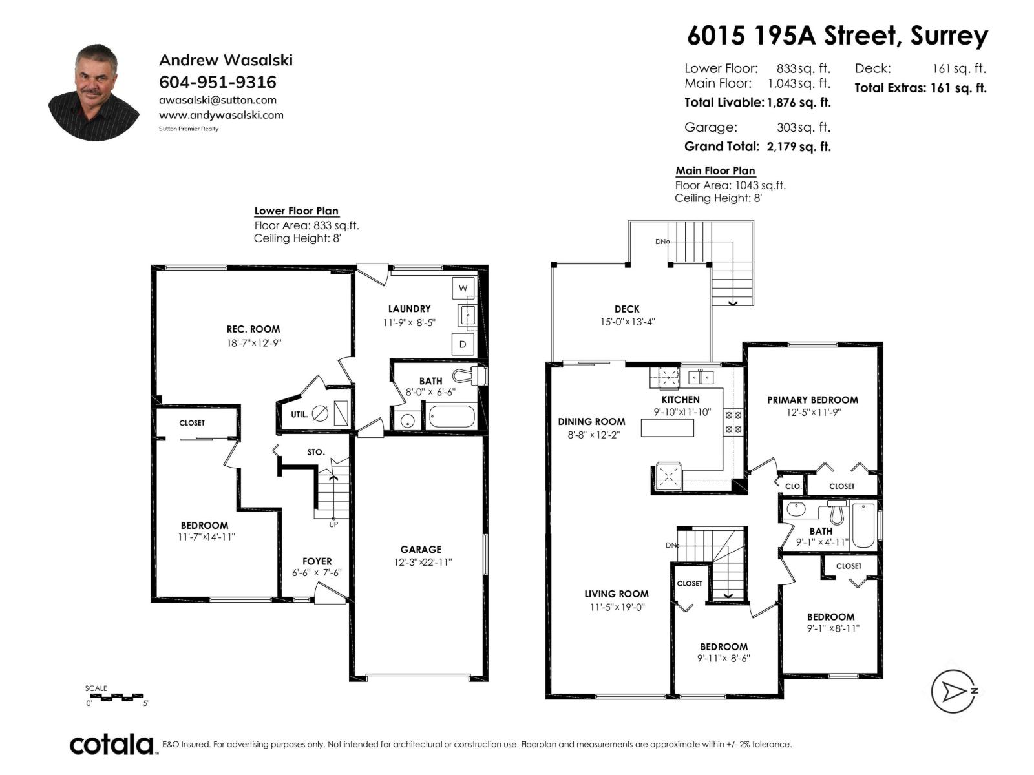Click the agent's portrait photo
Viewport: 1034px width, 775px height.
pyautogui.click(x=94, y=92)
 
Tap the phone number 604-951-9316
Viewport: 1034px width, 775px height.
pyautogui.click(x=218, y=82)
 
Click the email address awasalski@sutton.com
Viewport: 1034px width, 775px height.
pyautogui.click(x=218, y=100)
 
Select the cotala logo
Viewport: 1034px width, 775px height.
pyautogui.click(x=112, y=744)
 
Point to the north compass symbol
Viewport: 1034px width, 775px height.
pyautogui.click(x=953, y=691)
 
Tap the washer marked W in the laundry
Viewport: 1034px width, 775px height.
pyautogui.click(x=463, y=288)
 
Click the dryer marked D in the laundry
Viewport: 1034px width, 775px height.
pyautogui.click(x=463, y=344)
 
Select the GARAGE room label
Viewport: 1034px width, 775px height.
pyautogui.click(x=421, y=550)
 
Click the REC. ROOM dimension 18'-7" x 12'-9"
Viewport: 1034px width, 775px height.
pyautogui.click(x=253, y=343)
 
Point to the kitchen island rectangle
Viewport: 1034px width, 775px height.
pyautogui.click(x=668, y=428)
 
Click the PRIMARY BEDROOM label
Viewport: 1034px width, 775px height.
pyautogui.click(x=812, y=400)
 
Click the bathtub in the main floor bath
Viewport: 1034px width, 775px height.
pyautogui.click(x=863, y=526)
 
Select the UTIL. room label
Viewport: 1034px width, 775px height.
pyautogui.click(x=299, y=415)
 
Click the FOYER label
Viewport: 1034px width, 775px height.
pyautogui.click(x=317, y=561)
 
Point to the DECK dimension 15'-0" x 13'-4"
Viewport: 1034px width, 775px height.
pyautogui.click(x=627, y=322)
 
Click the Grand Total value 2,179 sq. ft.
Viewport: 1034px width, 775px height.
pyautogui.click(x=799, y=147)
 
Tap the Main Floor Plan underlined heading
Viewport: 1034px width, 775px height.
pyautogui.click(x=715, y=170)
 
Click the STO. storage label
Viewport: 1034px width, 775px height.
pyautogui.click(x=315, y=452)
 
